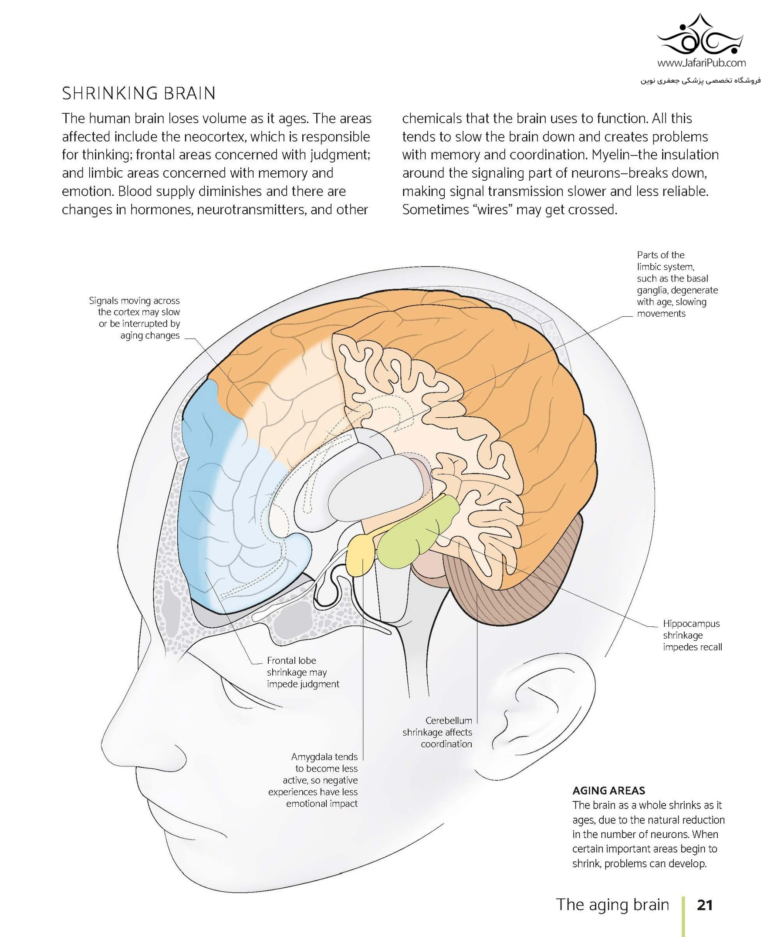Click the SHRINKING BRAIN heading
(139, 94)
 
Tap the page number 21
(705, 905)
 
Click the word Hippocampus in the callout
(691, 624)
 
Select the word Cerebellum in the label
(448, 721)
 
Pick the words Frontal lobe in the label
(291, 661)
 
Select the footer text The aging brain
(612, 904)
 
